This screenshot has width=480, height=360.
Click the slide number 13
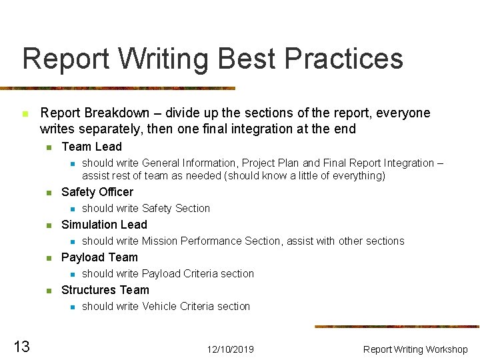click(21, 346)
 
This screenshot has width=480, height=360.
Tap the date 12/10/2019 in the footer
click(230, 349)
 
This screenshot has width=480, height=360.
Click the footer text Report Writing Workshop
click(415, 349)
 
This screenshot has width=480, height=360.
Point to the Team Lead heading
click(91, 147)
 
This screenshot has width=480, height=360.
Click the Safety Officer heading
click(97, 192)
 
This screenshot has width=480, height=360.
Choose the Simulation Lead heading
click(103, 225)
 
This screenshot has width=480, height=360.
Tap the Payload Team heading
click(99, 257)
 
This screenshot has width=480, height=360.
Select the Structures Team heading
click(105, 290)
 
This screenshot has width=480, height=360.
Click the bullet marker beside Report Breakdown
click(25, 114)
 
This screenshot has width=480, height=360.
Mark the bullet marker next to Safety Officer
click(48, 193)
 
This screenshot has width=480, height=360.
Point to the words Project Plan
click(271, 163)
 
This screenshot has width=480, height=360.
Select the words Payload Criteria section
click(198, 273)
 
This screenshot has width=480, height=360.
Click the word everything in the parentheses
click(357, 176)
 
